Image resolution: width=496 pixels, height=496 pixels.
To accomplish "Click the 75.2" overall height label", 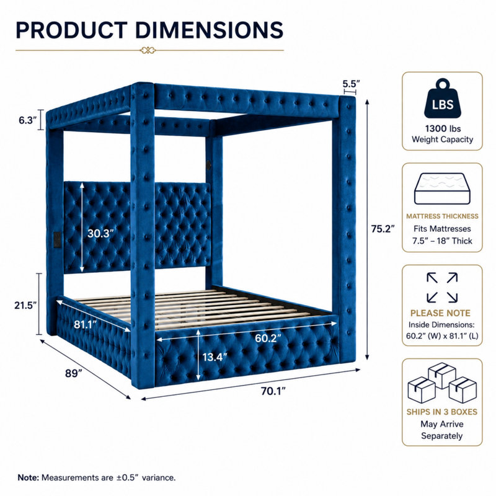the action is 383,229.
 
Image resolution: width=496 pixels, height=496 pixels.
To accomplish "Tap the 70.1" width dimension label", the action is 273,391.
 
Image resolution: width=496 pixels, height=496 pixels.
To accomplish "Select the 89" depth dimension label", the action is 74,373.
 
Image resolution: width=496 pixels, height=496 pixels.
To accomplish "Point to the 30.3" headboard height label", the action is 100,234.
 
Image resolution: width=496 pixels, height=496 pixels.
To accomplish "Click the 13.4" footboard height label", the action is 215,357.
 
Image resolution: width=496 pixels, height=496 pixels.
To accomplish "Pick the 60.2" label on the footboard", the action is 268,338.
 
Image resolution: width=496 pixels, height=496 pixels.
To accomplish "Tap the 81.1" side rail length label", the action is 86,324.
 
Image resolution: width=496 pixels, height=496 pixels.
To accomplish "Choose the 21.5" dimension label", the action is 25,305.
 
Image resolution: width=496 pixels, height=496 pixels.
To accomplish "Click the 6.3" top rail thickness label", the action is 28,120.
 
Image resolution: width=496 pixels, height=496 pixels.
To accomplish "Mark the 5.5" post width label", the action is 351,84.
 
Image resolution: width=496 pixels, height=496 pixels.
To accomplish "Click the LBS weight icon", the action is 443,99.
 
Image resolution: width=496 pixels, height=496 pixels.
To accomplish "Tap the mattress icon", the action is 442,188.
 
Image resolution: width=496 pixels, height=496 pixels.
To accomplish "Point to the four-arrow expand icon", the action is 442,288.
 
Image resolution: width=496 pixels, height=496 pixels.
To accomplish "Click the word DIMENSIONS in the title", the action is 209,30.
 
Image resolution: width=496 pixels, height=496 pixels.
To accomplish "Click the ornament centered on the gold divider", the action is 148,50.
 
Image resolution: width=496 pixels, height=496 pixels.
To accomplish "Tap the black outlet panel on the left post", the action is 57,239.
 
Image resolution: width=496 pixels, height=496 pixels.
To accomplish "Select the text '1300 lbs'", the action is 443,128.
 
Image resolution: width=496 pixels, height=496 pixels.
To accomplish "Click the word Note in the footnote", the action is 28,477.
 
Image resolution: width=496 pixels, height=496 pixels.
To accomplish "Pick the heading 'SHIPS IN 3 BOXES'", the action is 442,412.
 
